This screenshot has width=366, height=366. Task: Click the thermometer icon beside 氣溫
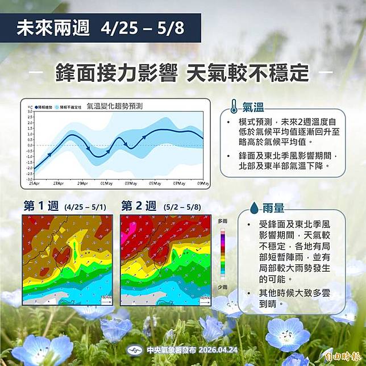tap(234, 107)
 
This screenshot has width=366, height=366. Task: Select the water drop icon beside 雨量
tap(254, 209)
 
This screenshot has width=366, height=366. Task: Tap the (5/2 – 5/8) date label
tap(181, 207)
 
